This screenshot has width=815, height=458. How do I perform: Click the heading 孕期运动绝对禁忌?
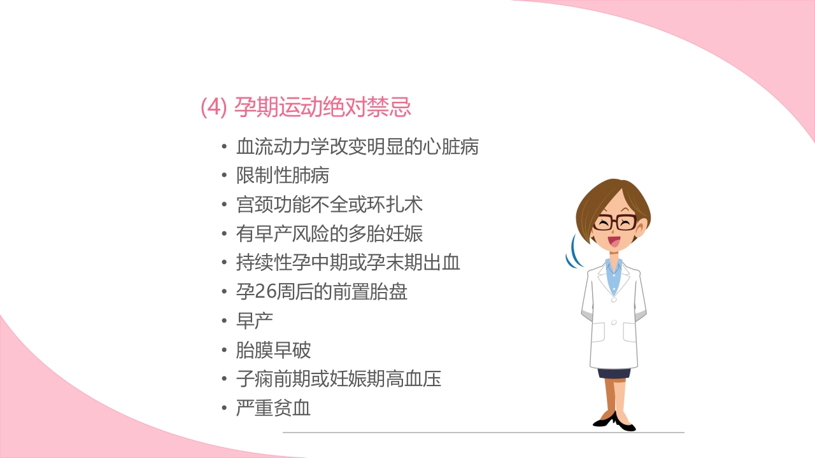[322, 107]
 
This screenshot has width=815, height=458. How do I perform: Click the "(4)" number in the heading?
[213, 108]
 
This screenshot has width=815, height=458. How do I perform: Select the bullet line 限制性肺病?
[282, 176]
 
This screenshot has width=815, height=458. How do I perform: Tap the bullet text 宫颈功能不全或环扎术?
[329, 205]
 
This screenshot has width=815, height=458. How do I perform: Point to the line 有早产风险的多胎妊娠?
[329, 234]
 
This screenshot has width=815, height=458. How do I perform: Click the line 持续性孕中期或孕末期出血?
[348, 263]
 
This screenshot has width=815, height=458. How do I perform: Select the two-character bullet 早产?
[254, 321]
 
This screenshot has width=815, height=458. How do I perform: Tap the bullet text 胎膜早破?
[273, 350]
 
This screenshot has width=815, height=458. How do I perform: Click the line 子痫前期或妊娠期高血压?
[338, 379]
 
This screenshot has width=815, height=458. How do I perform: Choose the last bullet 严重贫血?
[273, 408]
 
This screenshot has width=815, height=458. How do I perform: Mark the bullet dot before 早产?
[223, 321]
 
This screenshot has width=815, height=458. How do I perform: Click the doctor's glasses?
[614, 222]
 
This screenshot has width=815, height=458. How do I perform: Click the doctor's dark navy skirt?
[614, 373]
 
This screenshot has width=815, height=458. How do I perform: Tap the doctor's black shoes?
[615, 421]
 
